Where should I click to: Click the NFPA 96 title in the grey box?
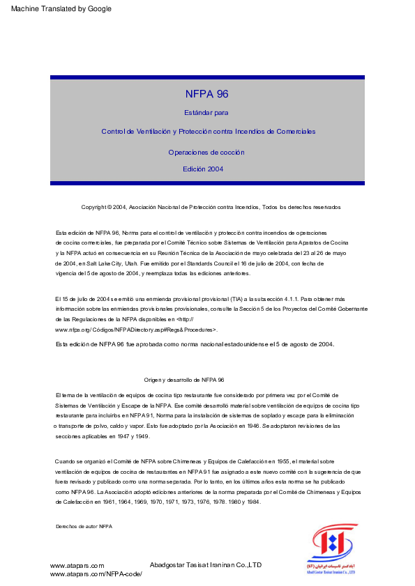click(x=207, y=94)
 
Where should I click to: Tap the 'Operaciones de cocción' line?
click(x=206, y=152)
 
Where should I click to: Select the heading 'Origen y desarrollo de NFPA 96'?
click(x=183, y=380)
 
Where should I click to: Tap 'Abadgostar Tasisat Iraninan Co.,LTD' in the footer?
click(x=206, y=564)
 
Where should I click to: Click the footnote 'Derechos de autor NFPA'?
click(x=84, y=527)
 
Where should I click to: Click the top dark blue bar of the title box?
click(x=207, y=77)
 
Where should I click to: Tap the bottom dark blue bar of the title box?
click(x=207, y=183)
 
